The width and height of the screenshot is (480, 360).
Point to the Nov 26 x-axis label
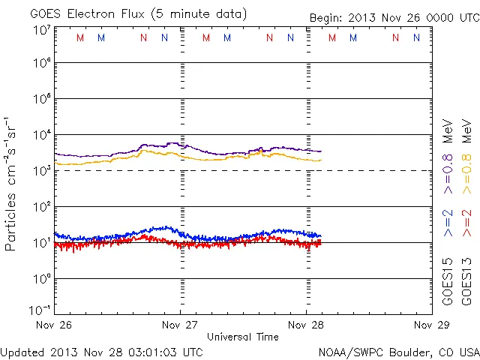[x=53, y=325]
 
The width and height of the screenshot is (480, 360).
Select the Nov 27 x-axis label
[x=180, y=325]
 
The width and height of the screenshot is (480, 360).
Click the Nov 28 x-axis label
[x=307, y=325]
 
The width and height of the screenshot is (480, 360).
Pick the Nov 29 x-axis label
[x=432, y=325]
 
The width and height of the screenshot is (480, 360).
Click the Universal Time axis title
[x=243, y=337]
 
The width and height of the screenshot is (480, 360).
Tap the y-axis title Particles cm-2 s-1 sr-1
[x=12, y=183]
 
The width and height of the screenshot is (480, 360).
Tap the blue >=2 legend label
[x=448, y=223]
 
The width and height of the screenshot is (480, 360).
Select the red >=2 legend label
[x=466, y=223]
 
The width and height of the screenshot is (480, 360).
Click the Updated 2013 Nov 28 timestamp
[x=101, y=352]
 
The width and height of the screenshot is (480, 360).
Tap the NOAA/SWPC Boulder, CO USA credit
[x=398, y=352]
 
